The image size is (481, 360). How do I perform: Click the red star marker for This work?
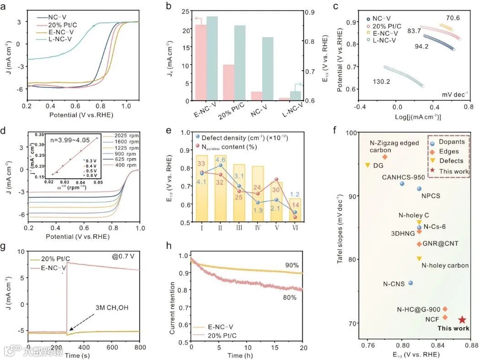click(x=462, y=320)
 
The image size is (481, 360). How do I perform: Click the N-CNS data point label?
click(x=394, y=284)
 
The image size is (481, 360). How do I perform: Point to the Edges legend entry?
click(x=449, y=151)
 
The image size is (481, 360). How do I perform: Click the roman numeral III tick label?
click(x=238, y=228)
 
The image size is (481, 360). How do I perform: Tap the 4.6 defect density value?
click(x=221, y=160)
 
